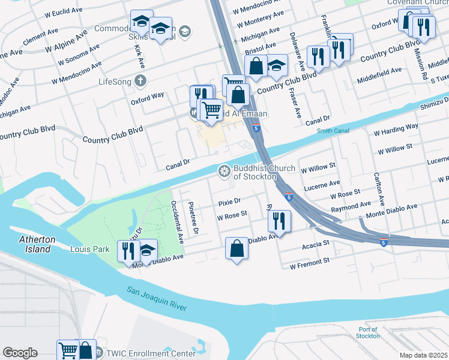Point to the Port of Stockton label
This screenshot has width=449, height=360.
(x=368, y=332)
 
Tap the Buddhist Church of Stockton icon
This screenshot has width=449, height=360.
(x=224, y=172)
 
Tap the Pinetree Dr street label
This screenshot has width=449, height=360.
(x=193, y=218)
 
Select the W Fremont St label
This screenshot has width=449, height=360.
(x=310, y=263)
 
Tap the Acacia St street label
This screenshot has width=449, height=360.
(x=318, y=243)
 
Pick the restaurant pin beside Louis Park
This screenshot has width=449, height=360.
(x=128, y=251)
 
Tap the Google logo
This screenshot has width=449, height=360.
(x=20, y=353)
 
